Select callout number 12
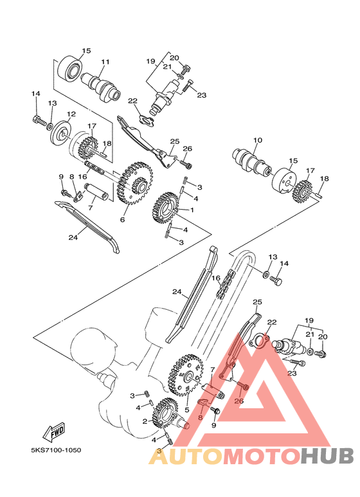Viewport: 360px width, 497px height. click(71, 114)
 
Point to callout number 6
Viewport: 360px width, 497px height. click(122, 219)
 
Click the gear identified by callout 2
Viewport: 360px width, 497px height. click(165, 413)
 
